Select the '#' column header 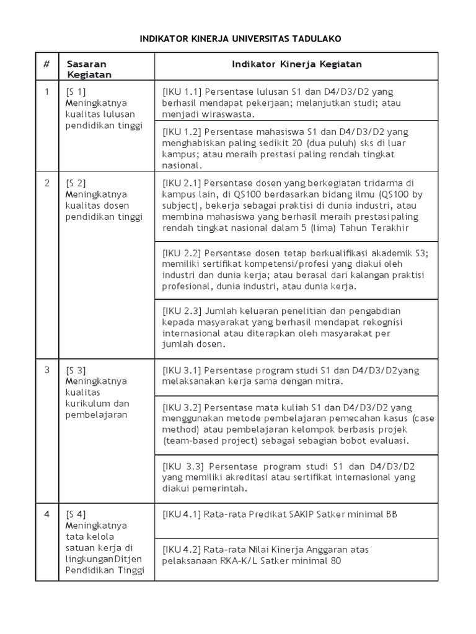tap(46, 64)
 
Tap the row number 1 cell tap(46, 92)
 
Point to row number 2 tap(46, 183)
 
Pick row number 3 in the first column tap(46, 370)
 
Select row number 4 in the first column tap(46, 513)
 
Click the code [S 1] tap(75, 92)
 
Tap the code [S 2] tap(75, 183)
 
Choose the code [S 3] tap(75, 370)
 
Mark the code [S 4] tap(75, 513)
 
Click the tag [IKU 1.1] tap(181, 92)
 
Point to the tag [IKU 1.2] tap(181, 132)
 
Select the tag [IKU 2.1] tap(181, 183)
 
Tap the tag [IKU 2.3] tap(181, 311)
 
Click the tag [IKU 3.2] tap(181, 407)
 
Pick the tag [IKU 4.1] tap(181, 514)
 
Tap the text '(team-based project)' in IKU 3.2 tap(204, 441)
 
